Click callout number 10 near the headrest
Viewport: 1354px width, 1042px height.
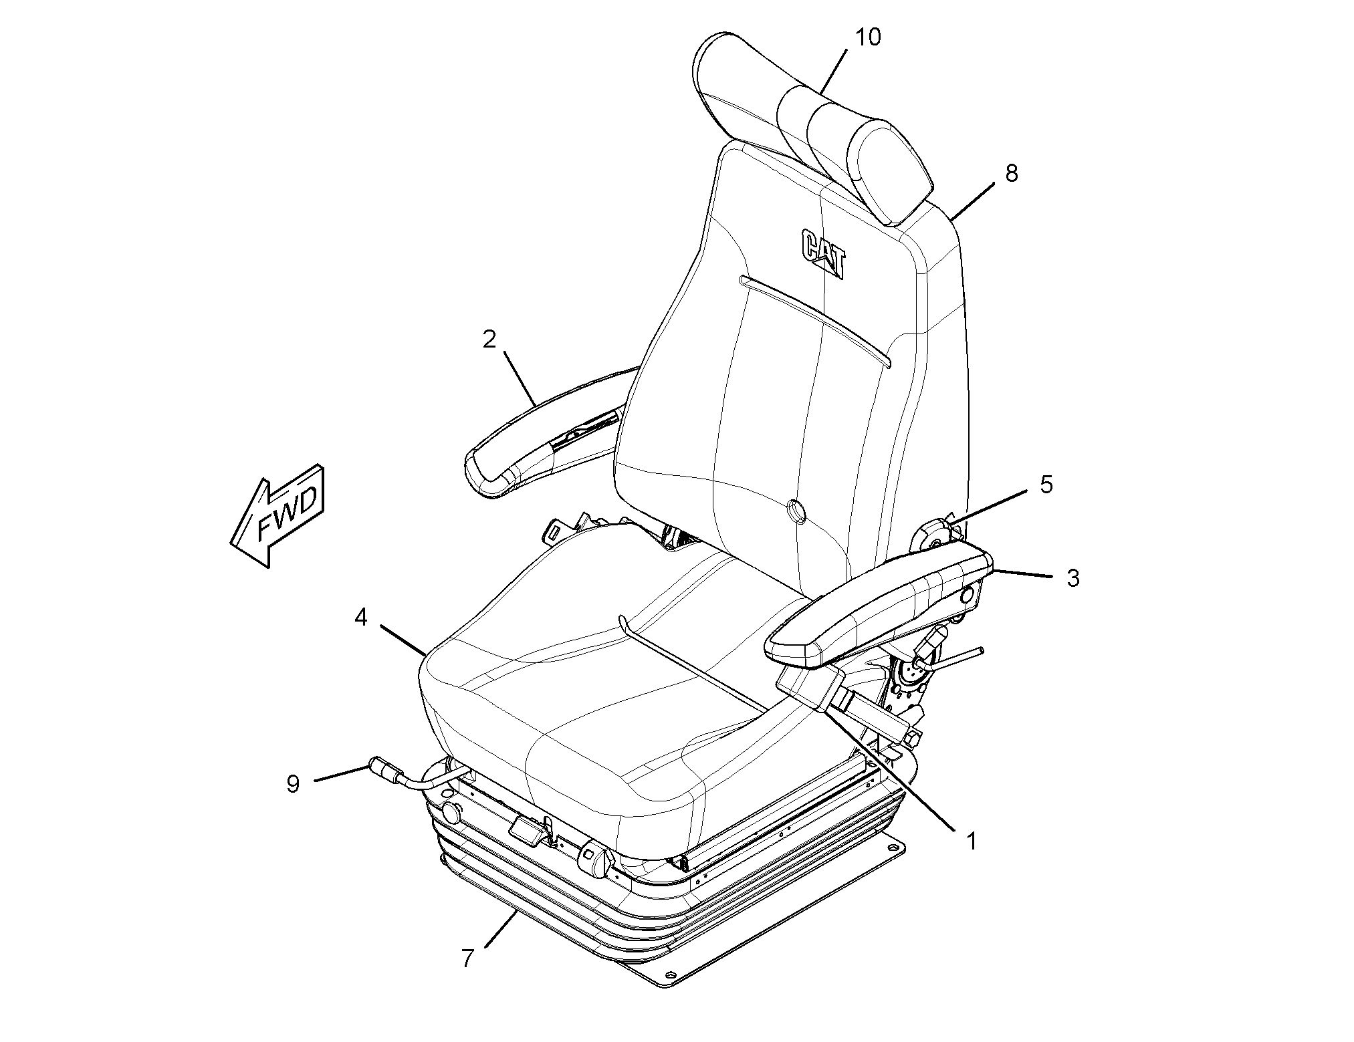[868, 37]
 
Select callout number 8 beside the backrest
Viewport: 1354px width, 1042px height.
[1011, 174]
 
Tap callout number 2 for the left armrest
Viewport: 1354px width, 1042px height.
[489, 340]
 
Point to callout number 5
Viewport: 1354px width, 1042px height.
[1046, 485]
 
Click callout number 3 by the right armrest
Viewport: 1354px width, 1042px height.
[1073, 578]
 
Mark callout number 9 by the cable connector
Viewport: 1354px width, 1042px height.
[293, 783]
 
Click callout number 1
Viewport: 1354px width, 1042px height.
[971, 841]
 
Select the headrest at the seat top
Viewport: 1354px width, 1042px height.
[812, 127]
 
